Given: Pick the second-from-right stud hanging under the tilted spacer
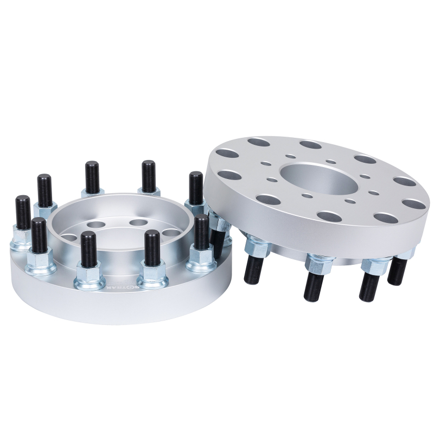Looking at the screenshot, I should click(x=371, y=283).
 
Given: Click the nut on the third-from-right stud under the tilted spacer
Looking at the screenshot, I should click(x=318, y=264).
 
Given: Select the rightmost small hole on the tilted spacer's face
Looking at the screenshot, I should click(x=374, y=192).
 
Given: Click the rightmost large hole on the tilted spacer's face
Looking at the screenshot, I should click(x=414, y=204).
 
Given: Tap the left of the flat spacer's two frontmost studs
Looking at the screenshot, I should click(x=89, y=250).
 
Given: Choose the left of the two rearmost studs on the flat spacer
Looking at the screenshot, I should click(x=92, y=176).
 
